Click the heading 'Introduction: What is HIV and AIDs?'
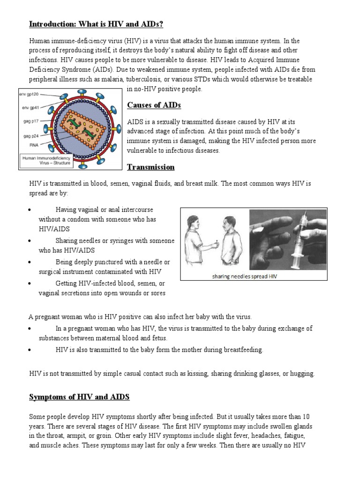point(96,24)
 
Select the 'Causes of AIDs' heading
point(154,105)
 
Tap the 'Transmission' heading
point(150,167)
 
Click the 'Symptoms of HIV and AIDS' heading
point(79,397)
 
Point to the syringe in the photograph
point(298,237)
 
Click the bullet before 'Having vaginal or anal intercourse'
point(30,210)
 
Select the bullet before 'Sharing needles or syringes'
point(30,241)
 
